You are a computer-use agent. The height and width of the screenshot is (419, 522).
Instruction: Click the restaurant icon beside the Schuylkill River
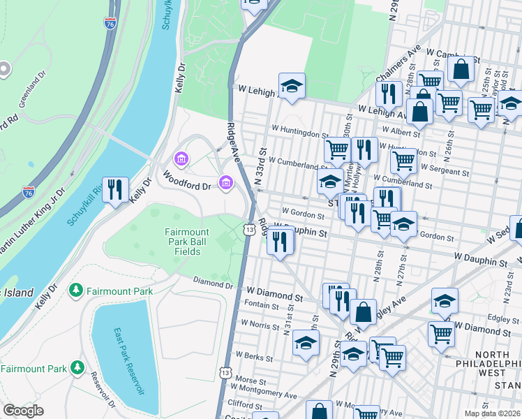pyautogui.click(x=116, y=189)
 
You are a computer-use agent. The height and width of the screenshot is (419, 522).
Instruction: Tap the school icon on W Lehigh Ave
pyautogui.click(x=292, y=87)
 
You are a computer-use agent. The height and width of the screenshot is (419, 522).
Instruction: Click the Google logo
pyautogui.click(x=23, y=411)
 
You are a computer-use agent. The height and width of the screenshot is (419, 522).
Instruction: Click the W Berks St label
pyautogui.click(x=253, y=355)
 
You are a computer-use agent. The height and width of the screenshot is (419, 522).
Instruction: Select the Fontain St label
pyautogui.click(x=262, y=305)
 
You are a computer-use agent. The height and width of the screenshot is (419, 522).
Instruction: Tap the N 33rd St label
pyautogui.click(x=263, y=166)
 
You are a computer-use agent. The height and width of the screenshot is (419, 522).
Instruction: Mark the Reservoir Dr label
pyautogui.click(x=103, y=391)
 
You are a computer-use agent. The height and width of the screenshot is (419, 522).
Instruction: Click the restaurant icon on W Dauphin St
pyautogui.click(x=280, y=242)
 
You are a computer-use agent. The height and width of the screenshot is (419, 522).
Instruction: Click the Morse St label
pyautogui.click(x=248, y=380)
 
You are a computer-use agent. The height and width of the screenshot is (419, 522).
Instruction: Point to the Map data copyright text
pyautogui.click(x=493, y=413)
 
